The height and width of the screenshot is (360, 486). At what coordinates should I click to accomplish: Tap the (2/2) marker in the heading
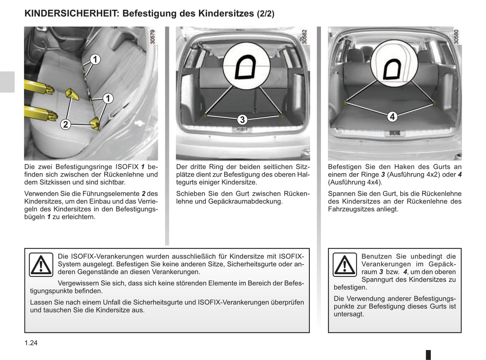tap(265, 14)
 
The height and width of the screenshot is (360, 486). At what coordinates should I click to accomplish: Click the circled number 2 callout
tap(66, 124)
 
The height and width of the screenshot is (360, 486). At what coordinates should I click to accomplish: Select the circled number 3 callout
tap(242, 120)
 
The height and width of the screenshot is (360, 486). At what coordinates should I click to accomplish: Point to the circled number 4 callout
tap(392, 117)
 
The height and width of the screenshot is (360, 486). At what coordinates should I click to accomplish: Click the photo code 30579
tap(153, 37)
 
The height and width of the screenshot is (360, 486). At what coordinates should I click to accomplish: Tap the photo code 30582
tap(304, 37)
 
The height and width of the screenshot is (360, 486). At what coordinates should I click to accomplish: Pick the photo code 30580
tap(456, 37)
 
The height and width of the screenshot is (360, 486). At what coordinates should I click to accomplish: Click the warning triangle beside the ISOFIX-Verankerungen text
tap(41, 264)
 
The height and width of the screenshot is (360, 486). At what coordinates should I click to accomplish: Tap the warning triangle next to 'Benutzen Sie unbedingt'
tap(345, 264)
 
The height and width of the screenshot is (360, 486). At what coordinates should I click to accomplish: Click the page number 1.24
tap(31, 343)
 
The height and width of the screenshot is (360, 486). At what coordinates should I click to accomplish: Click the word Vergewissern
tap(78, 283)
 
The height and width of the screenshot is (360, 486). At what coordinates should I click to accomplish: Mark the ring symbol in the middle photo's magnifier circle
tap(246, 67)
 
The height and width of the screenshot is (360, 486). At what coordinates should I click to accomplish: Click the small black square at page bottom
tap(428, 355)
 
